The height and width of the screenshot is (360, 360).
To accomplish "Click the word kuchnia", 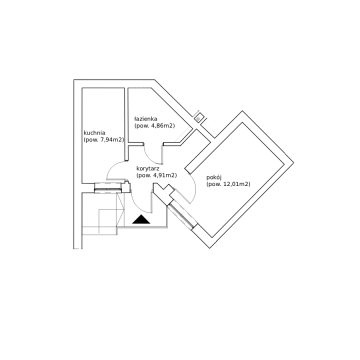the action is point(92,132).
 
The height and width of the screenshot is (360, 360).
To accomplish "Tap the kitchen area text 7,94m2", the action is point(110,140).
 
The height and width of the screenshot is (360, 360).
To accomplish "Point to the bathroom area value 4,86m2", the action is point(163,126).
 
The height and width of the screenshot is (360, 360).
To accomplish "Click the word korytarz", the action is point(147,169).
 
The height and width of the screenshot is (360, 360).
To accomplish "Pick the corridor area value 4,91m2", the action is point(165,176).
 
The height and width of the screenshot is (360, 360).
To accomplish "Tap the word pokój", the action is point(213,177).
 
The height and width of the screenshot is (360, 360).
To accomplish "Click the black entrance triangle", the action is point(142,220).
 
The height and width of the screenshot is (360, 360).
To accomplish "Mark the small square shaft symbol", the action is point(199,117).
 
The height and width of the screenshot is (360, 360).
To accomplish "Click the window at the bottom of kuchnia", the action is point(107,187).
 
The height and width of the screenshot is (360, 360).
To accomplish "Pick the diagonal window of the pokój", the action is point(181,216).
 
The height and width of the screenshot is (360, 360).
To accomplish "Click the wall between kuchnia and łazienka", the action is point(126,124).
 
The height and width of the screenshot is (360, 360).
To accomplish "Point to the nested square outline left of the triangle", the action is point(107,221).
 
